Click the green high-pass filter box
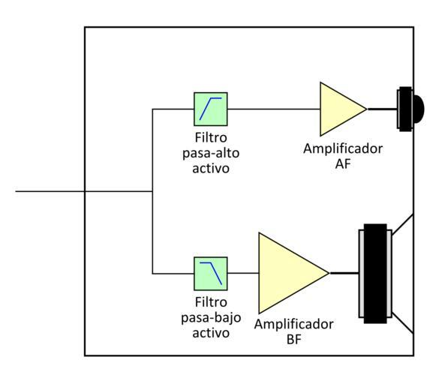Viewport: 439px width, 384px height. [211, 109]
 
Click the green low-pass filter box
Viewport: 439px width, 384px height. [211, 274]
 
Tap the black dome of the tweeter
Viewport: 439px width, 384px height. [418, 109]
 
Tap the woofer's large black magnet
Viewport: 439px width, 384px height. [375, 274]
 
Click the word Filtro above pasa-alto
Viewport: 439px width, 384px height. [211, 138]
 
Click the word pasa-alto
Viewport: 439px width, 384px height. [211, 154]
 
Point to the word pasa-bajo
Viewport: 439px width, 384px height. [211, 318]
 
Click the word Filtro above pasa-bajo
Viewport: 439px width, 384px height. [211, 302]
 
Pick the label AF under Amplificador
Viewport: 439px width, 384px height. [343, 164]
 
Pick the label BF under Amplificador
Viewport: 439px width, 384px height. [294, 340]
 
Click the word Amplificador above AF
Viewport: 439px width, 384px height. [343, 149]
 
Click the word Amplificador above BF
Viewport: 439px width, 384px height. [294, 325]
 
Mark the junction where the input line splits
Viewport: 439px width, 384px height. [152, 191]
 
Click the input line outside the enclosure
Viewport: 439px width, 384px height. [50, 191]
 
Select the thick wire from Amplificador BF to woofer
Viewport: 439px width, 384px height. [344, 273]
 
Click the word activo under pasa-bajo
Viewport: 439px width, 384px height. [211, 333]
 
